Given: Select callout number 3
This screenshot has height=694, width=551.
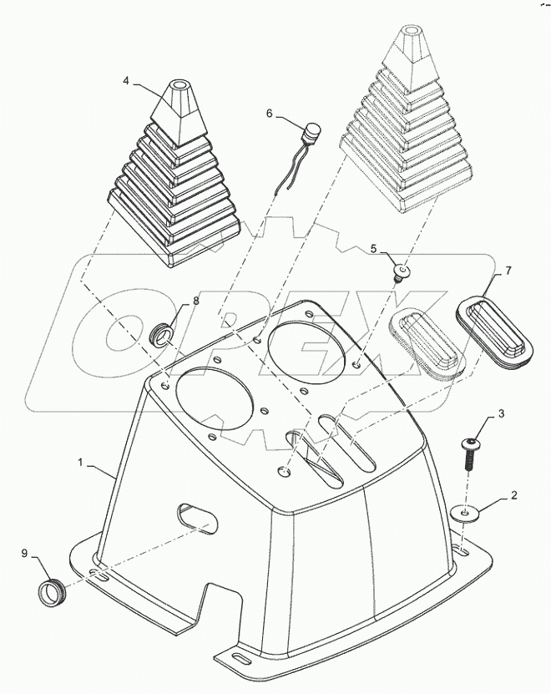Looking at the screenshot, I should [502, 413].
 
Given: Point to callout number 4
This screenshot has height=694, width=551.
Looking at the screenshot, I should [126, 81].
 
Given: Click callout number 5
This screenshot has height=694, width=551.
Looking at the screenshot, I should [375, 248].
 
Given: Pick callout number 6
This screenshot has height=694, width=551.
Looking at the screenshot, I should [269, 113].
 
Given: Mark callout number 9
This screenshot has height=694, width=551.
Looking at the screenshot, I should [24, 552].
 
